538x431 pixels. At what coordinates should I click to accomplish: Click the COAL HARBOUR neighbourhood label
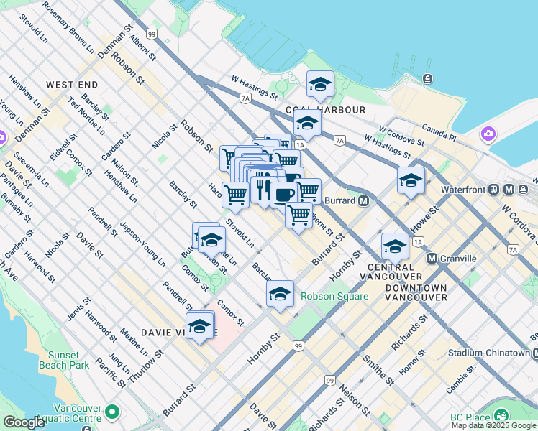tap(325, 110)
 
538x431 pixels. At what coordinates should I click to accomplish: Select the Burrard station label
tap(340, 200)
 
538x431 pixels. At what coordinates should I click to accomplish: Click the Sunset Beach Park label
tap(69, 360)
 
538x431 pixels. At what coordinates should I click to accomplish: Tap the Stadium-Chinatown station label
tap(489, 353)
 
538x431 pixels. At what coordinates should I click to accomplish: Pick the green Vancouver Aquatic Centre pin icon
tap(112, 412)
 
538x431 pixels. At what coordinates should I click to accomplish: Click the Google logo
tap(24, 422)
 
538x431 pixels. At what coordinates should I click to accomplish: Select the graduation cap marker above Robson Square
tap(280, 293)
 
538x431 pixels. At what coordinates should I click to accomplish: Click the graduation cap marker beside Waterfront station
tap(411, 180)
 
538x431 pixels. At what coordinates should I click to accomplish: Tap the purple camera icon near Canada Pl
tap(488, 134)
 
